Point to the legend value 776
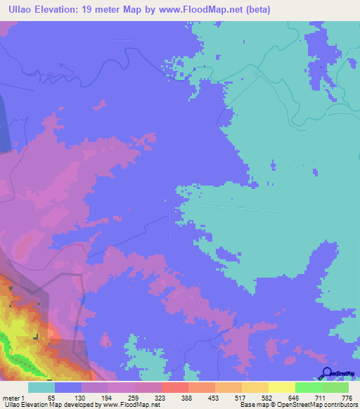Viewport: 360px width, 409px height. [345, 397]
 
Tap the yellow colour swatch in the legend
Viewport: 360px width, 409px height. [281, 387]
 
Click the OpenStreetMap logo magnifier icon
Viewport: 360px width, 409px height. [326, 373]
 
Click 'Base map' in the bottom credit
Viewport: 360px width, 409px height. [253, 405]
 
